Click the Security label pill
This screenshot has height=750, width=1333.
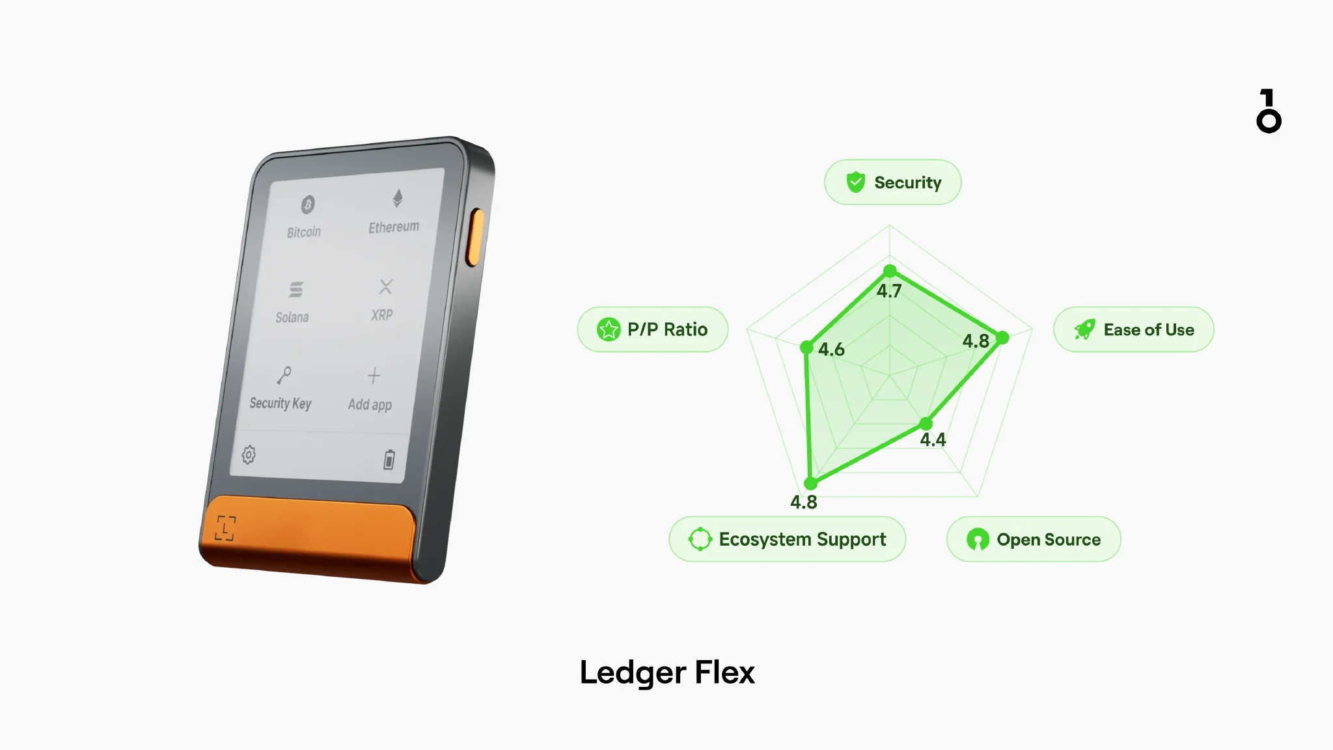click(892, 182)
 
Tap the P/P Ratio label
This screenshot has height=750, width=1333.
click(652, 329)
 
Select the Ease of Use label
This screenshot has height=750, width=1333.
click(1133, 329)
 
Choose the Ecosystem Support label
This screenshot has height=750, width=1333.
click(787, 539)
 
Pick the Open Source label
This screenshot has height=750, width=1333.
click(1034, 539)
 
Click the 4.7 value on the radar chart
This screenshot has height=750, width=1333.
click(889, 291)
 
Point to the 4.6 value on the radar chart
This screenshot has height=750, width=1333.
click(831, 350)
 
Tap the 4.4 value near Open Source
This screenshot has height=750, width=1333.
click(933, 440)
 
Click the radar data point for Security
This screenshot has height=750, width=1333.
click(890, 271)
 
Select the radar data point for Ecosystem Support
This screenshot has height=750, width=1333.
click(810, 483)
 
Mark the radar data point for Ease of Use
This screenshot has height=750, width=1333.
click(1002, 337)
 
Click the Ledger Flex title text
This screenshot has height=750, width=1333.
click(667, 673)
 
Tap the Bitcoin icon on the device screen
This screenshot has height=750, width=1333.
click(308, 204)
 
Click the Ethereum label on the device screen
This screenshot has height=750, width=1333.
click(394, 227)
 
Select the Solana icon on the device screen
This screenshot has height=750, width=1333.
click(295, 289)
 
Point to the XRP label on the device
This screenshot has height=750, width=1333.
click(382, 315)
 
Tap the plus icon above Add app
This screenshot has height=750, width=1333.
click(374, 376)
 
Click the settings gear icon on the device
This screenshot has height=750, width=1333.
click(249, 454)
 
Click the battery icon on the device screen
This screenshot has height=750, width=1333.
click(389, 459)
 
